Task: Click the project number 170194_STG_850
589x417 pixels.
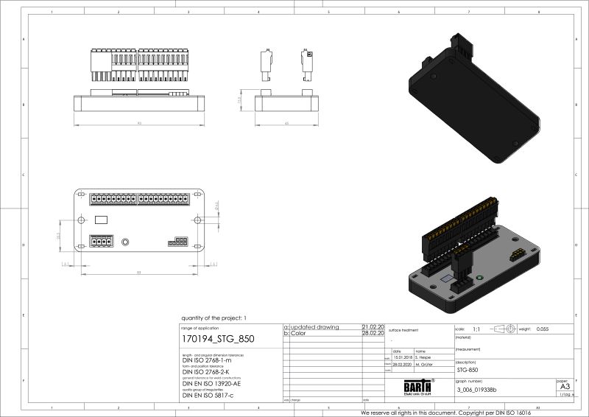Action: point(217,340)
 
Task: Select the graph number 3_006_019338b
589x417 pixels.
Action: point(477,390)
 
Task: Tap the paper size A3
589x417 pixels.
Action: point(565,386)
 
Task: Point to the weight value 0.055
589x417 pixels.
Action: point(543,329)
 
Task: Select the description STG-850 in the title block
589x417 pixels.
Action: point(469,370)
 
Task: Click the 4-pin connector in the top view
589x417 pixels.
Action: point(101,241)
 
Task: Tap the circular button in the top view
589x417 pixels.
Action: point(125,242)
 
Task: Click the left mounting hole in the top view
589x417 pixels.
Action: point(80,220)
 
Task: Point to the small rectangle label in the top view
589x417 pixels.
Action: point(102,219)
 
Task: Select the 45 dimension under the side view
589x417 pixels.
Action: point(286,123)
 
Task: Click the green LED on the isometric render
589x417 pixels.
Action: point(480,277)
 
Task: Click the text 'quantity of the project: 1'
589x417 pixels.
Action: point(214,318)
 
